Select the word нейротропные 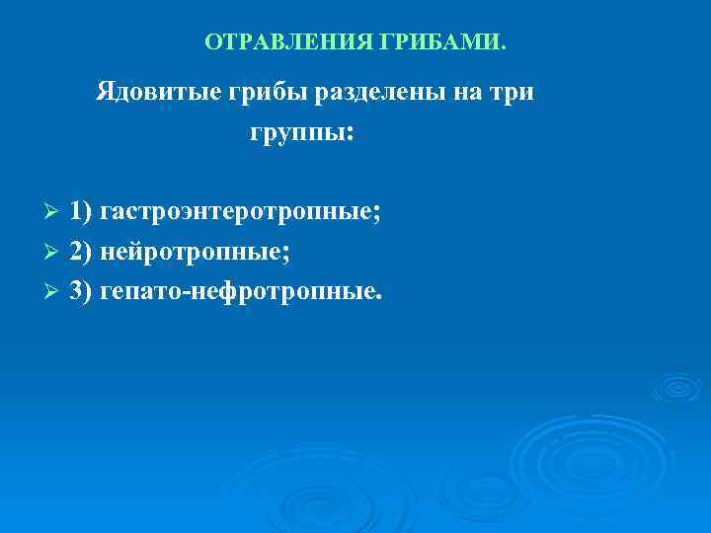coord(195,252)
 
